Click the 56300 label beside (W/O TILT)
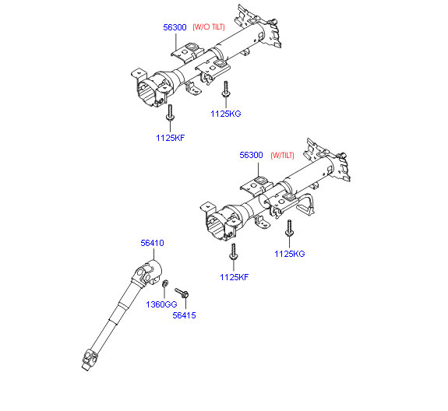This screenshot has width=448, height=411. point(175,27)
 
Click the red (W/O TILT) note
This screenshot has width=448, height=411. point(209,27)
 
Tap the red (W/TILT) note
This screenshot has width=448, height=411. point(282,155)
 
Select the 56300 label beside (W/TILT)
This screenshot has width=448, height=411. point(251,155)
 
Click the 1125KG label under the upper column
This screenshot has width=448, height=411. point(226,114)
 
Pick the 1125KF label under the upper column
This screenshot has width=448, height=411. point(171,138)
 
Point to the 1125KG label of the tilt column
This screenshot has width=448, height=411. point(289,254)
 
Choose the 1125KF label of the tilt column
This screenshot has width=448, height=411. point(234,277)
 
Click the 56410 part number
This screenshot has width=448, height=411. point(152,243)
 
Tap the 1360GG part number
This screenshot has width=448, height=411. point(161,304)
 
